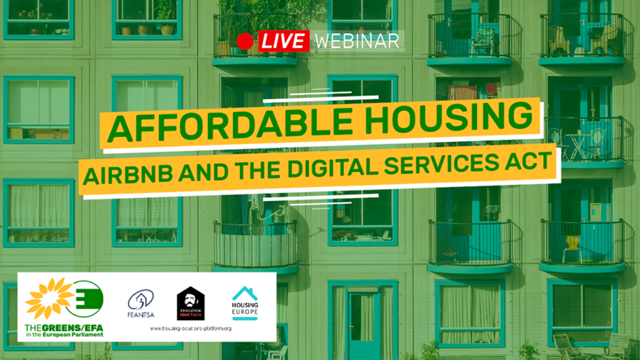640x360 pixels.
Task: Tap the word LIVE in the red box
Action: [283, 41]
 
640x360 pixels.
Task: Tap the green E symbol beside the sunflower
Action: [86, 298]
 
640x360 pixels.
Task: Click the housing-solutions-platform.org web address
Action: [191, 328]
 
